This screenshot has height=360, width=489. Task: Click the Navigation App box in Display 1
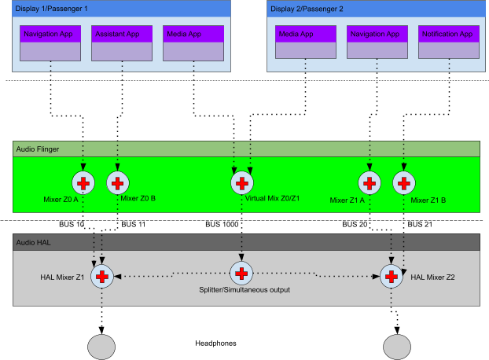[50, 43]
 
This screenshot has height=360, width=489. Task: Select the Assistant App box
[122, 43]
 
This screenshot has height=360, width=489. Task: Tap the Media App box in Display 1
[193, 43]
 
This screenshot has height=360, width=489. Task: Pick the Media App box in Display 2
[306, 43]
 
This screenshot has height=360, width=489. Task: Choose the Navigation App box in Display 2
[377, 43]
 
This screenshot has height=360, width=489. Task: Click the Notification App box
[448, 43]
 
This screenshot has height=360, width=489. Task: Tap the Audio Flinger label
[37, 149]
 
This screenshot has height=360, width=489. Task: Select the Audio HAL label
[33, 242]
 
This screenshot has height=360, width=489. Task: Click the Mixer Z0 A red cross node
[83, 183]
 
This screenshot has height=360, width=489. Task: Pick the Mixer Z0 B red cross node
[117, 183]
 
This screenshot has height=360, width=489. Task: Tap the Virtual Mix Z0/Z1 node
[241, 183]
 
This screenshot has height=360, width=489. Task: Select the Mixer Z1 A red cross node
[369, 183]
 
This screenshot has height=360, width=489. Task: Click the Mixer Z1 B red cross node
[403, 183]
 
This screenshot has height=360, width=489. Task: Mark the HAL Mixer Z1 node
[101, 276]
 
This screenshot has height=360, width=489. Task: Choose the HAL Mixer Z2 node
[392, 276]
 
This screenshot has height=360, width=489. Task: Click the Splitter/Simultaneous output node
[241, 274]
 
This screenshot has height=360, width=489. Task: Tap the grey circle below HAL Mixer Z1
[101, 347]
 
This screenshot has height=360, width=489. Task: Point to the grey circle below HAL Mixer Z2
[397, 347]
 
